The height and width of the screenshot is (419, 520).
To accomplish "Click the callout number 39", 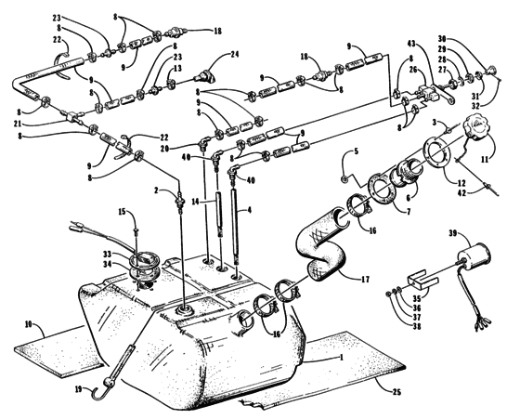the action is (x=453, y=233).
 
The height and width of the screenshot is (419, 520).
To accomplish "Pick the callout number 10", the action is (x=28, y=324).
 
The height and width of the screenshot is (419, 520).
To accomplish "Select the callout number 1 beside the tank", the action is (x=341, y=357).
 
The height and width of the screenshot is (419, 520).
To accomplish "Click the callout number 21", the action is (x=18, y=124).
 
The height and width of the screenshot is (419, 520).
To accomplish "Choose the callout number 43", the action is (x=412, y=44).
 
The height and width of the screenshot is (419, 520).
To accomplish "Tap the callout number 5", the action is (x=357, y=151).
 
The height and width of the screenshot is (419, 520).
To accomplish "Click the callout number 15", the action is (x=123, y=211).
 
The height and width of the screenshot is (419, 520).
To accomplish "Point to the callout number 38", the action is (x=417, y=326).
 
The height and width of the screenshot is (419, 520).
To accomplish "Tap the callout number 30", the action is (x=442, y=38).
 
